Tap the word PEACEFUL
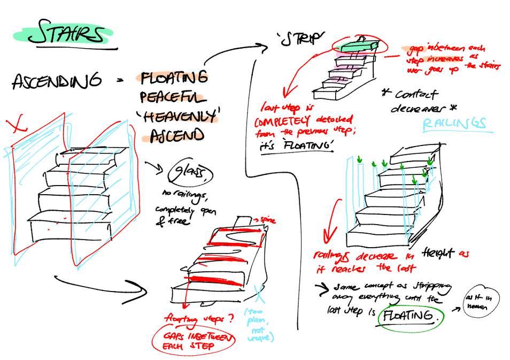[173, 97]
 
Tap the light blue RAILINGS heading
[454, 124]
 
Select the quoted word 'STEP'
[301, 39]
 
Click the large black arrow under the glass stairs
[102, 287]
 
